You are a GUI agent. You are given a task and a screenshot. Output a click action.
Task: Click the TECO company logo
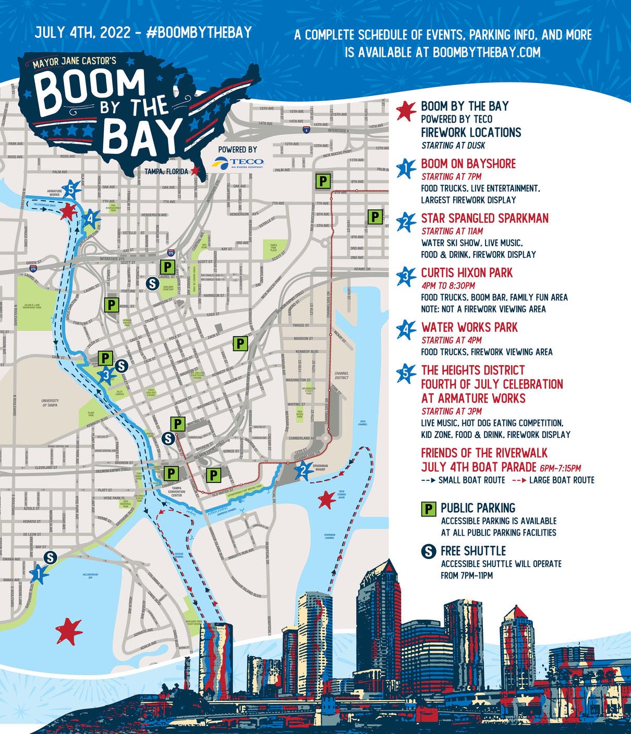click(239, 163)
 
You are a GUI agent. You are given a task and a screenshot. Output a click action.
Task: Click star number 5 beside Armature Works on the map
click(71, 191)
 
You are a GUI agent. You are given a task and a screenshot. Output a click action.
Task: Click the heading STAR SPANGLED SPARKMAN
click(484, 218)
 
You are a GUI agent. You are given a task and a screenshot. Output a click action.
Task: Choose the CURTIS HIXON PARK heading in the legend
click(467, 273)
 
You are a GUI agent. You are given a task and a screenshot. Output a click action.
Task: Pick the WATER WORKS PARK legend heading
click(469, 328)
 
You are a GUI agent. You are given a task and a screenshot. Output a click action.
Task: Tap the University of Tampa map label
click(50, 403)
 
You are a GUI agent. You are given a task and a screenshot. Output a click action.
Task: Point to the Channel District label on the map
click(342, 376)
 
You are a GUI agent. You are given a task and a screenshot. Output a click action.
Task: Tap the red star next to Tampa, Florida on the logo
click(195, 171)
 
